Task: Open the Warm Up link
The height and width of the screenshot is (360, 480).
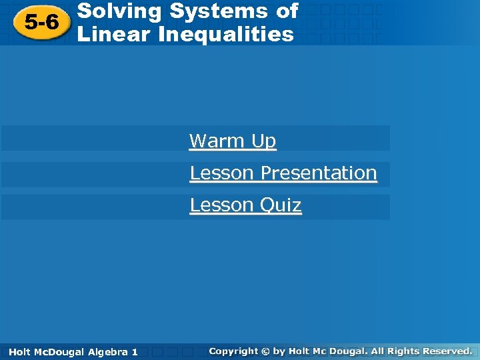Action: click(x=232, y=141)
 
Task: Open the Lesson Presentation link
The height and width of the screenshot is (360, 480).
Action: click(x=283, y=173)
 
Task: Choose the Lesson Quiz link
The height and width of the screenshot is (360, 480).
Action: click(x=245, y=205)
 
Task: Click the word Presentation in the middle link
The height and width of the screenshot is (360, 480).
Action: click(x=319, y=173)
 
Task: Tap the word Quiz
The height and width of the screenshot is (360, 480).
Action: click(x=280, y=205)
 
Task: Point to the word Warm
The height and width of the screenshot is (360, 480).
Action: click(x=209, y=141)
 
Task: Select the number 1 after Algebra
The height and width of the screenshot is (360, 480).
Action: click(x=135, y=351)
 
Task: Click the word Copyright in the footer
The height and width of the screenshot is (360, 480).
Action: click(x=233, y=351)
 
